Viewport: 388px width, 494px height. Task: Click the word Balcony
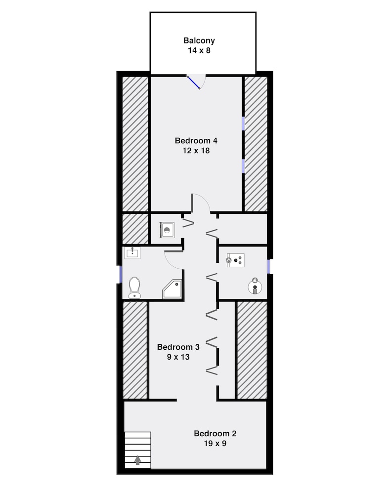[x=199, y=41]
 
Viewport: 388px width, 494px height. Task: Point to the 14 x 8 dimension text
[x=199, y=50]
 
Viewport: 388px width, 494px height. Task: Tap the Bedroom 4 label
[x=196, y=141]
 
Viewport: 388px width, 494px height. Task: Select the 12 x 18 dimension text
[x=196, y=151]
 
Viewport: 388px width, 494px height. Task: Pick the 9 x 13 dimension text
[x=178, y=356]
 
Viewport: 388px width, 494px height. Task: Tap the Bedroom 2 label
[x=215, y=434]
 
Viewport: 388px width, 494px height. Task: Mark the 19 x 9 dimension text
[x=215, y=444]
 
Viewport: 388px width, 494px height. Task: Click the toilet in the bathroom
[x=134, y=287]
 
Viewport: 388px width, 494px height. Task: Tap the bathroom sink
[x=132, y=253]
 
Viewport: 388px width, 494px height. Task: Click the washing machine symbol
[x=166, y=230]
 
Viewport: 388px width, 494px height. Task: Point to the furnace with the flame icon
[x=235, y=260]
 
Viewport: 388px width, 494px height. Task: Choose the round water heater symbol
[x=255, y=285]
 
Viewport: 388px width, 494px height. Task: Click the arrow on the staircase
[x=137, y=460]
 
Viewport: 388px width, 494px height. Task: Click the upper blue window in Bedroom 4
[x=243, y=123]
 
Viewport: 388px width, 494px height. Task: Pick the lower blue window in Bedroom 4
[x=243, y=165]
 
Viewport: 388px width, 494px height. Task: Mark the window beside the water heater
[x=268, y=267]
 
